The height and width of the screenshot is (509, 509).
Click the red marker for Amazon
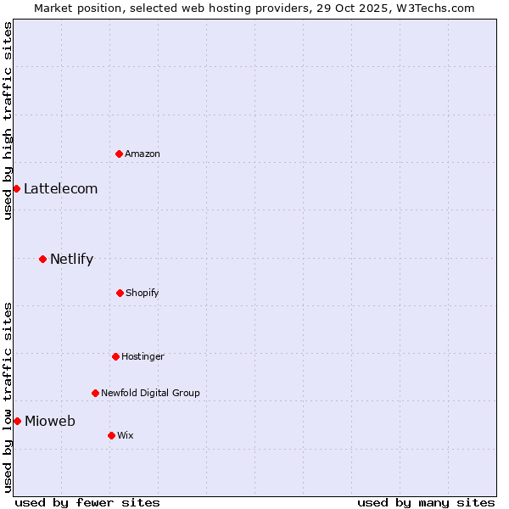[120, 154]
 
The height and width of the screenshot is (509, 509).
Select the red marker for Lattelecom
[16, 188]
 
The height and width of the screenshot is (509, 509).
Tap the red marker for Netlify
[42, 259]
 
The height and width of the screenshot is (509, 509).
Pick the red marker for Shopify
[120, 293]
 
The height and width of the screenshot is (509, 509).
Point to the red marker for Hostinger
[115, 356]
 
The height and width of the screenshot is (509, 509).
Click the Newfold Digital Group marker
[95, 393]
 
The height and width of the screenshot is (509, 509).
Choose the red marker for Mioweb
[17, 421]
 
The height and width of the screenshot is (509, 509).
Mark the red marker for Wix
[111, 435]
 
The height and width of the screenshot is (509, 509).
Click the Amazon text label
[143, 154]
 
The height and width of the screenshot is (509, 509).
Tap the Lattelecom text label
[60, 188]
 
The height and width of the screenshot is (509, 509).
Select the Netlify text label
[71, 259]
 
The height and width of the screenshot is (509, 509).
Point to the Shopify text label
[143, 293]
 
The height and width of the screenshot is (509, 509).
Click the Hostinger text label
[143, 356]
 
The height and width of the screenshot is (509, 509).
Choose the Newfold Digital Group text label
[150, 393]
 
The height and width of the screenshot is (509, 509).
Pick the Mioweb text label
[50, 421]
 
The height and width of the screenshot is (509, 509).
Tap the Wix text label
[126, 435]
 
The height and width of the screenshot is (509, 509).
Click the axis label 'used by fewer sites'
[87, 502]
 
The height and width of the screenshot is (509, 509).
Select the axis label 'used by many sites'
[426, 502]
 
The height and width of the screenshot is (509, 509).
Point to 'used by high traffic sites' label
[8, 120]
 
